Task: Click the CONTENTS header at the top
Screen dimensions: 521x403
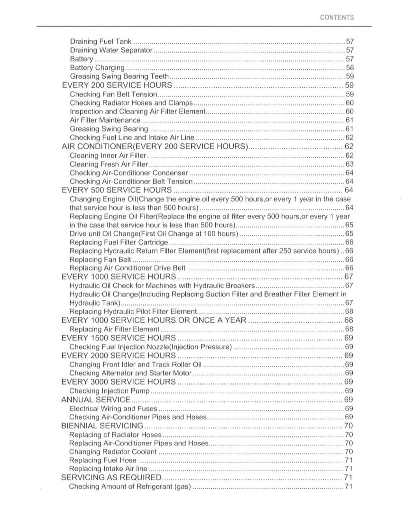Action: pos(336,17)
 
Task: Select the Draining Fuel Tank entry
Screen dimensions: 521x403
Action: pos(101,41)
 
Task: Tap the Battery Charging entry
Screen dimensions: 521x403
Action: pos(97,68)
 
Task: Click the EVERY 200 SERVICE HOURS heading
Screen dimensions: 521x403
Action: pos(117,85)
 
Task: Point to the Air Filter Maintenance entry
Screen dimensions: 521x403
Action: pos(105,120)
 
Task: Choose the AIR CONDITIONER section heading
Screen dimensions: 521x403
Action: pos(155,146)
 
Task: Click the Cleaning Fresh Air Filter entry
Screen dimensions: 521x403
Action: pos(109,164)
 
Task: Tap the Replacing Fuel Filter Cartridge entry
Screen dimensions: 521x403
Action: pos(118,242)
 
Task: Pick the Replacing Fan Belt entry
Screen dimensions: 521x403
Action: pos(100,260)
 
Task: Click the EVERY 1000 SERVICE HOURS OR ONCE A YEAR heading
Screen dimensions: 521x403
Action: pos(153,320)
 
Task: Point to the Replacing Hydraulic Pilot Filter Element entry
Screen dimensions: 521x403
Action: pos(133,312)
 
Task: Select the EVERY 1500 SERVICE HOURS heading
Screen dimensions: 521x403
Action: pos(118,338)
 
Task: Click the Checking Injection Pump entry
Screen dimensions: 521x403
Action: pos(109,391)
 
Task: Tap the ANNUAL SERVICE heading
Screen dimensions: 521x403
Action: pos(96,400)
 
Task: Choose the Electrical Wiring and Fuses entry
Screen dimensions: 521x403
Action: pos(113,409)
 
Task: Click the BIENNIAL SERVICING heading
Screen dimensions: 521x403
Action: pos(102,426)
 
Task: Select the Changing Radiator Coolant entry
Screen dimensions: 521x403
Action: pos(113,452)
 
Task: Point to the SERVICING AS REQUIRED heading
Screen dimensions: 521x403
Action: pos(111,477)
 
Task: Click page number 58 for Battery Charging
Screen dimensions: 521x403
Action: pos(349,68)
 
